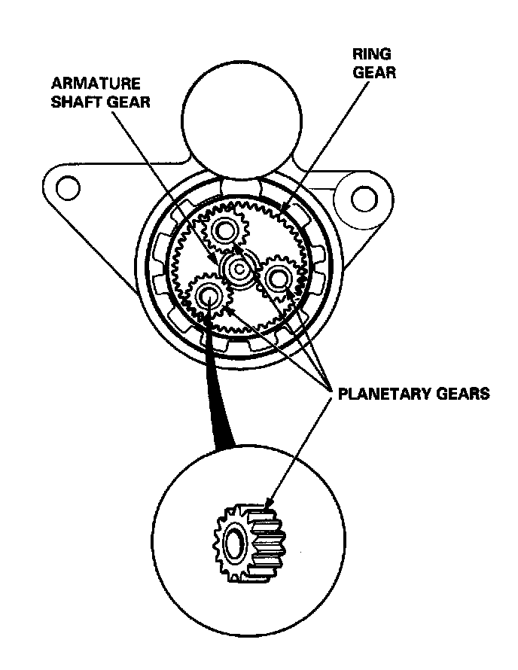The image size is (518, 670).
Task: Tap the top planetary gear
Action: [x=224, y=230]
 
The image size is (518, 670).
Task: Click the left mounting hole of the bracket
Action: [x=69, y=186]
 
